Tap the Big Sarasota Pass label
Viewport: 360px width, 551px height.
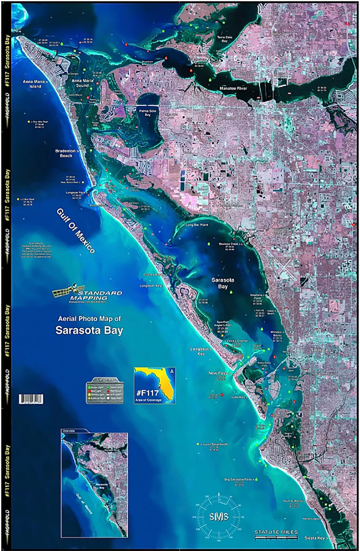[239, 480]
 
